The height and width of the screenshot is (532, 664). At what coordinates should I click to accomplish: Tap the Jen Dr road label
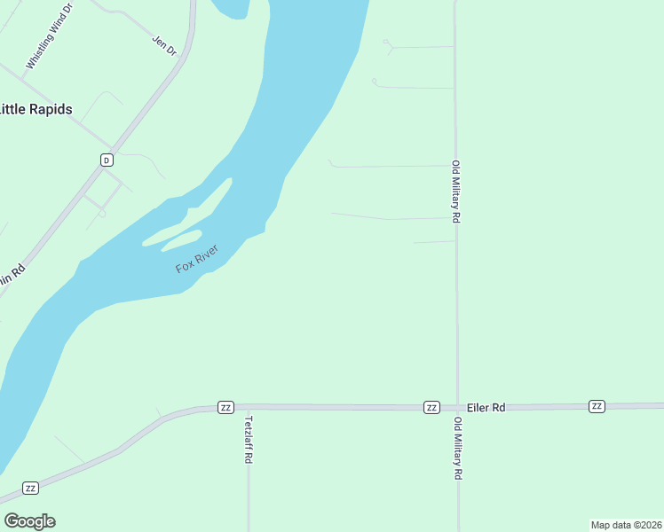click(x=164, y=45)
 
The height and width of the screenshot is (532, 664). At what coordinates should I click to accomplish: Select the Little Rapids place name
click(x=36, y=109)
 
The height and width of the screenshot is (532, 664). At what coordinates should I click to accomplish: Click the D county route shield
click(x=107, y=160)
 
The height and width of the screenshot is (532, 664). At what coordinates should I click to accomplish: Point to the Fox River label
click(x=196, y=258)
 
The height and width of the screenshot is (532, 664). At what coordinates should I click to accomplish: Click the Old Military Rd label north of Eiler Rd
click(x=455, y=192)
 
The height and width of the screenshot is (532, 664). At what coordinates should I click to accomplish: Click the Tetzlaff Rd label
click(x=249, y=440)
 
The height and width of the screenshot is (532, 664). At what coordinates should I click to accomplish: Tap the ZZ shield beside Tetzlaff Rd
click(x=225, y=407)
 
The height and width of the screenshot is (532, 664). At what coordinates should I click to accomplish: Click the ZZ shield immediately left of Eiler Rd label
click(x=431, y=407)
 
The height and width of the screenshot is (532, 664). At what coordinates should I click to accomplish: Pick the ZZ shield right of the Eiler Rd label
click(x=597, y=406)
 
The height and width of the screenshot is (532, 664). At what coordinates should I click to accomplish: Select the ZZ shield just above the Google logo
click(x=30, y=489)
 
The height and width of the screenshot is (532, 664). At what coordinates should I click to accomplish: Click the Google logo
click(x=29, y=521)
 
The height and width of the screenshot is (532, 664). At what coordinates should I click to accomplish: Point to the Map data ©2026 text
click(x=626, y=525)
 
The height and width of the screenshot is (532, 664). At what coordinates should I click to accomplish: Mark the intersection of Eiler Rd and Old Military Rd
click(x=457, y=406)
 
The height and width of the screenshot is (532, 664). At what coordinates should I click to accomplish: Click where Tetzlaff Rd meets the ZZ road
click(x=248, y=407)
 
